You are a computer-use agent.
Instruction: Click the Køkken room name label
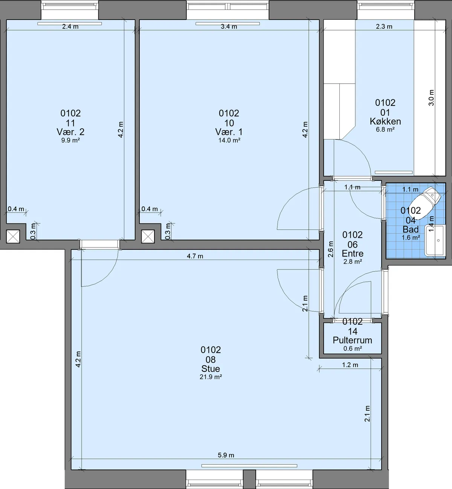click(385, 121)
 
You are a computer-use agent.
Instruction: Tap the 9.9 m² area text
click(70, 141)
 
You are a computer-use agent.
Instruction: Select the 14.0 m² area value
click(229, 141)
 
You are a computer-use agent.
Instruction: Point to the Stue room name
click(211, 368)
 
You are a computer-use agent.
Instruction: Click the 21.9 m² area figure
click(211, 377)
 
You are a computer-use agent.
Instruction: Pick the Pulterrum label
click(352, 340)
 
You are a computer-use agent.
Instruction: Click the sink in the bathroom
click(435, 240)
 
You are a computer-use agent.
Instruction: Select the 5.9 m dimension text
click(226, 455)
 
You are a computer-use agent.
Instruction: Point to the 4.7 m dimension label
click(195, 256)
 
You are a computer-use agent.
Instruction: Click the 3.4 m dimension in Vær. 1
click(229, 26)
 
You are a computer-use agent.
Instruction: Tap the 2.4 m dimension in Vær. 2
click(70, 26)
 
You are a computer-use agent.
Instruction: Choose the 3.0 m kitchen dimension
click(431, 98)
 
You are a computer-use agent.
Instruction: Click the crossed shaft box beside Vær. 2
click(13, 237)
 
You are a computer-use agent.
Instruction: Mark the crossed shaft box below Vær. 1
click(148, 237)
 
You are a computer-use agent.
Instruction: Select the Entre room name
click(352, 254)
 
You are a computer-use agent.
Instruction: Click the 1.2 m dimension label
click(350, 365)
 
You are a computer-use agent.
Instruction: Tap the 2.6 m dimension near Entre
click(331, 249)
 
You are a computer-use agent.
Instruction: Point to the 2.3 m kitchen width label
click(384, 26)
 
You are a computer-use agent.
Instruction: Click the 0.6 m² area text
click(352, 348)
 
